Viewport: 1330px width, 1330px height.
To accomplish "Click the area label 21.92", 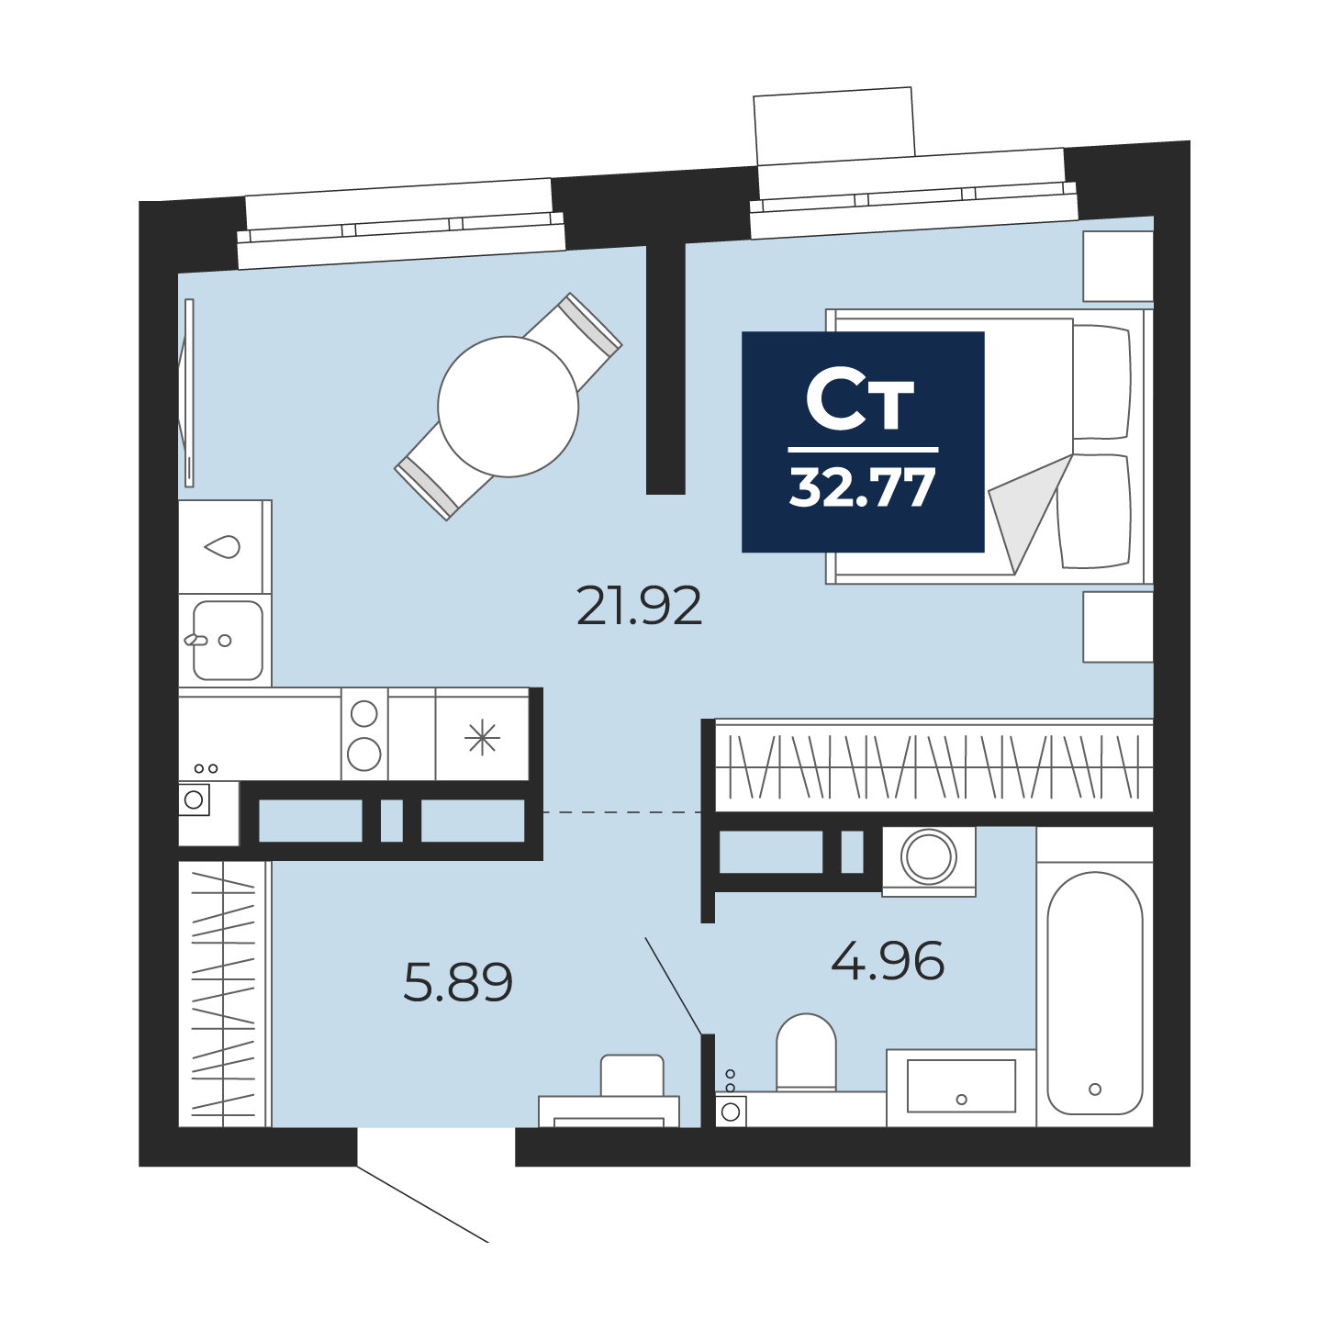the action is pos(639,606).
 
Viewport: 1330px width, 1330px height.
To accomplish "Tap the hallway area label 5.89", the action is pos(458,982).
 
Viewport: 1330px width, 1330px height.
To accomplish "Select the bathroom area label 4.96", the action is pos(888,961).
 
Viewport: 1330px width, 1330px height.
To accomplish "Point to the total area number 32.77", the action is pos(862,488).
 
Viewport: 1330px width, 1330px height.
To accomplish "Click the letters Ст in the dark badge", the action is pos(860,403).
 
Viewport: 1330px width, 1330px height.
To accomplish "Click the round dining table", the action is pos(508,407).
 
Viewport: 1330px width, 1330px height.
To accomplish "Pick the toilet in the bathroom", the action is pos(806,1054).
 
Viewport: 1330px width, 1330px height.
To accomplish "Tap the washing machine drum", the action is pos(928,856).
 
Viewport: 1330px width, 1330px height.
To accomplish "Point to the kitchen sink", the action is pos(227,640).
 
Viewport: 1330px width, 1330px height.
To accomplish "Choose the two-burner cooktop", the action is pos(364,734).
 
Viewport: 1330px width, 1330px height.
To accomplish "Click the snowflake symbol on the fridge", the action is pos(482,738).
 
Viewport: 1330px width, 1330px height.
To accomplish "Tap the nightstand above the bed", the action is pos(1117,266).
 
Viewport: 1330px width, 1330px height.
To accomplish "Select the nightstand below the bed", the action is pos(1117,627).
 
